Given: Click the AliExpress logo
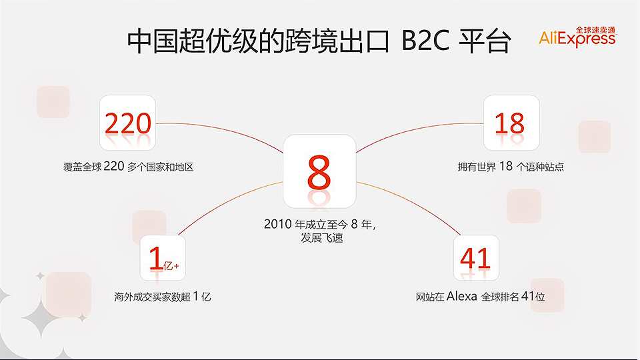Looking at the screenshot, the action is point(577,37).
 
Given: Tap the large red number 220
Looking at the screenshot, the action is point(128,123).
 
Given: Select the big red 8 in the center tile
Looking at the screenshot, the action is point(319,172).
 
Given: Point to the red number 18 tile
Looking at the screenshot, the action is point(511,123).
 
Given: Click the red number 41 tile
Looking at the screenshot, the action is point(476,258).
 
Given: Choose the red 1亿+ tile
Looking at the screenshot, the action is point(163,258).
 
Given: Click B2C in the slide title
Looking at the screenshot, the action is point(425,41).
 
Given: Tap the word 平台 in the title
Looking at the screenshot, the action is point(485,41).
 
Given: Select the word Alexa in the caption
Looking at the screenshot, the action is point(461,296).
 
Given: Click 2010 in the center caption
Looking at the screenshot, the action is point(277,224).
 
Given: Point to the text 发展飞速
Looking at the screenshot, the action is point(321,238).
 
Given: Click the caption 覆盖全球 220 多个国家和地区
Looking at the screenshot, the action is point(128,167).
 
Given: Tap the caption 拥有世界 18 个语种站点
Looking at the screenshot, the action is point(511,167).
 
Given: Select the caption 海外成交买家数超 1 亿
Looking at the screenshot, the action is point(163,296).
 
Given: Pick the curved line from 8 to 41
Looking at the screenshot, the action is point(412,203).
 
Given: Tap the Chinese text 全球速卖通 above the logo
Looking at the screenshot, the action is point(595,30).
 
